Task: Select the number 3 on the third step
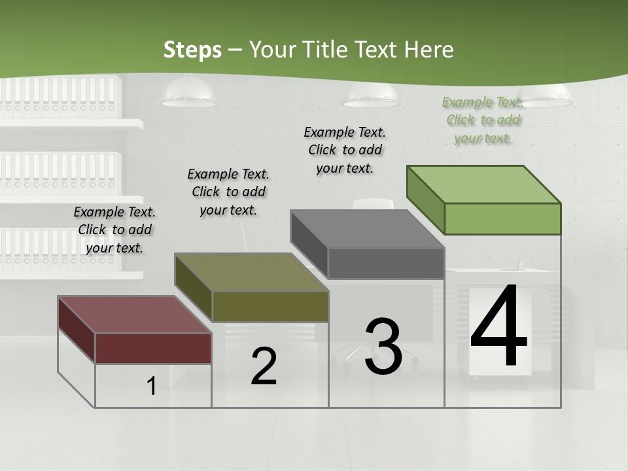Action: (383, 346)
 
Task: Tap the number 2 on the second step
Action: (264, 366)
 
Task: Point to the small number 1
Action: (151, 387)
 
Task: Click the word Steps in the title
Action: (192, 50)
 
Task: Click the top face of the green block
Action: (483, 184)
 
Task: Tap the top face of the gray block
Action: (367, 229)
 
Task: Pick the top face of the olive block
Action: (251, 272)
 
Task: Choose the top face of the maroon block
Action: (134, 315)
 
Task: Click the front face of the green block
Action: (502, 218)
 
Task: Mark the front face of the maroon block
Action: (153, 348)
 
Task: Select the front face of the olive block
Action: (270, 306)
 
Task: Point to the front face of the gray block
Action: (386, 263)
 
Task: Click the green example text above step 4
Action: (483, 120)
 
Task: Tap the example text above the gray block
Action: (345, 150)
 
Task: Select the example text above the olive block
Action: (228, 192)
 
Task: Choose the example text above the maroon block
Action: (114, 230)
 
